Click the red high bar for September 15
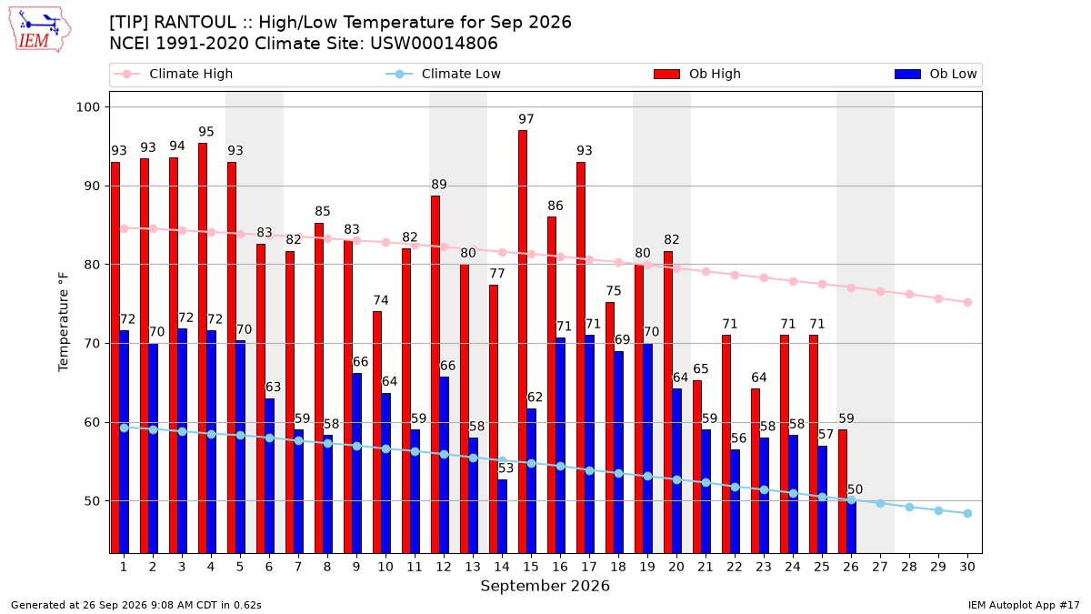[523, 342]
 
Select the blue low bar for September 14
[502, 517]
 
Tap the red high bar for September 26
[843, 491]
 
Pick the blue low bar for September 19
[647, 448]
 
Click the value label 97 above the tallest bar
[526, 119]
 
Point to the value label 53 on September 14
[505, 468]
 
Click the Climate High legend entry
[174, 74]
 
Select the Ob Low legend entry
[936, 74]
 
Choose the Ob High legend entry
[697, 74]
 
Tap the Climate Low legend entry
[444, 74]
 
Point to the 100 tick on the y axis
[87, 107]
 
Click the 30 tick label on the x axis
[967, 567]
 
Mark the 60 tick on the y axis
[92, 422]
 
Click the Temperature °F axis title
[64, 322]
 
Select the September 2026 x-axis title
[545, 586]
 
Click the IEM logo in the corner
[40, 30]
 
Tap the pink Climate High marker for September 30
[967, 303]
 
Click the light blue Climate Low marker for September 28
[909, 508]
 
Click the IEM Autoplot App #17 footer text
[1024, 605]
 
